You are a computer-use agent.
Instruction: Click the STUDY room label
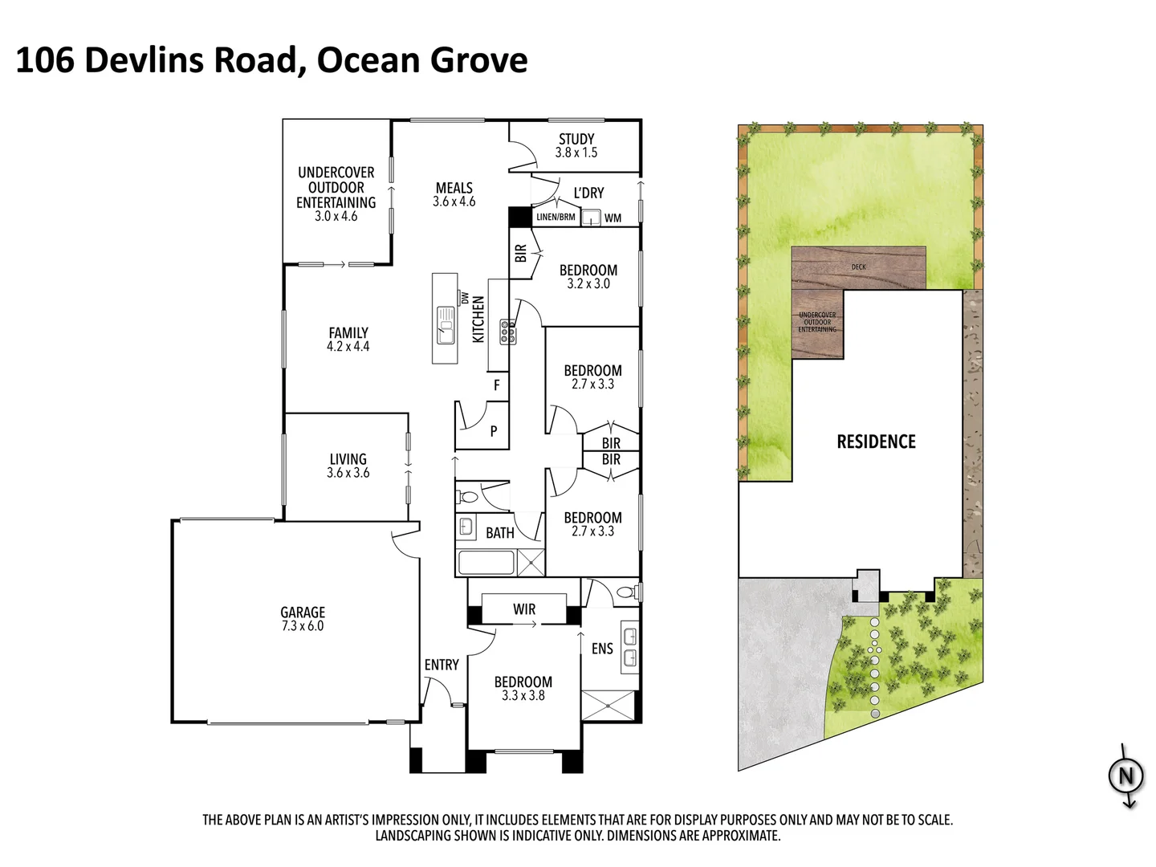[x=576, y=139]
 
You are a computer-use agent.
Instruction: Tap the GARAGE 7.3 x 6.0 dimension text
[x=303, y=626]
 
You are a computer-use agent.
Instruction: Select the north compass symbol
[x=1125, y=776]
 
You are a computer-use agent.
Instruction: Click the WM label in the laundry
[x=613, y=218]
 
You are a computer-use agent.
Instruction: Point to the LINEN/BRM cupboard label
[x=556, y=217]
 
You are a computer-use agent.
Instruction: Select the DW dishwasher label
[x=465, y=297]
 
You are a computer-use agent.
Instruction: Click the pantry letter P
[x=493, y=431]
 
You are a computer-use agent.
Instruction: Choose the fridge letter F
[x=497, y=385]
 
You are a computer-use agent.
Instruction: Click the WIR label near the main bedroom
[x=524, y=609]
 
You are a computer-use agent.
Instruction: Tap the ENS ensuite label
[x=602, y=649]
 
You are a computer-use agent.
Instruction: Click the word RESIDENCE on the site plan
[x=876, y=442]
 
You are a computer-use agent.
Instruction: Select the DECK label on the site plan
[x=858, y=267]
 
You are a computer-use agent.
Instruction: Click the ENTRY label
[x=442, y=665]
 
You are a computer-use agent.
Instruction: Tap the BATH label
[x=499, y=533]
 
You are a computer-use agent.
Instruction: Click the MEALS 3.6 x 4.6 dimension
[x=454, y=202]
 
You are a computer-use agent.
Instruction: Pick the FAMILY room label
[x=348, y=332]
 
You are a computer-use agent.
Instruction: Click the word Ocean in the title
[x=368, y=60]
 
